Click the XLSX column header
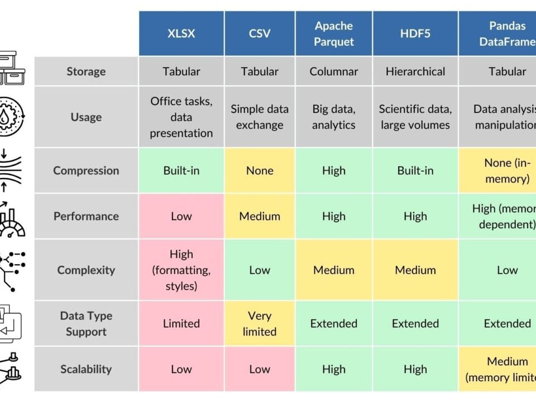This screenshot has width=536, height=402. pyautogui.click(x=181, y=33)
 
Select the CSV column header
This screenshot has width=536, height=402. pyautogui.click(x=260, y=33)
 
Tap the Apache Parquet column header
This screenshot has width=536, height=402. pyautogui.click(x=334, y=33)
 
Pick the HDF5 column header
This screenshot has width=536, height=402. pyautogui.click(x=415, y=33)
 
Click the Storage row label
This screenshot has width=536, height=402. pyautogui.click(x=86, y=71)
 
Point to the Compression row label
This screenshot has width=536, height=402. pyautogui.click(x=86, y=171)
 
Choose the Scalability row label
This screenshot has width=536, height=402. pyautogui.click(x=86, y=369)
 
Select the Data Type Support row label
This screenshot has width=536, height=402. pyautogui.click(x=86, y=324)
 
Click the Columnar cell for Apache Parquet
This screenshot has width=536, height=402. pyautogui.click(x=334, y=71)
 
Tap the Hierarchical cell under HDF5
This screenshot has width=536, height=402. pyautogui.click(x=415, y=71)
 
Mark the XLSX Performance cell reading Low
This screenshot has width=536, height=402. pyautogui.click(x=181, y=216)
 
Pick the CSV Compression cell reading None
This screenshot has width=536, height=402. pyautogui.click(x=260, y=171)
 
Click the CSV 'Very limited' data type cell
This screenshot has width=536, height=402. pyautogui.click(x=260, y=324)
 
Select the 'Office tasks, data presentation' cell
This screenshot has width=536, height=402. pyautogui.click(x=181, y=117)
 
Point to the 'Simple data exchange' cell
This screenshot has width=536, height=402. pyautogui.click(x=260, y=117)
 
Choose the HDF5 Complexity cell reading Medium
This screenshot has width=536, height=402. pyautogui.click(x=415, y=270)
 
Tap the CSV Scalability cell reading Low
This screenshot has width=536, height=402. pyautogui.click(x=260, y=369)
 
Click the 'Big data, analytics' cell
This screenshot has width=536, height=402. pyautogui.click(x=334, y=117)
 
